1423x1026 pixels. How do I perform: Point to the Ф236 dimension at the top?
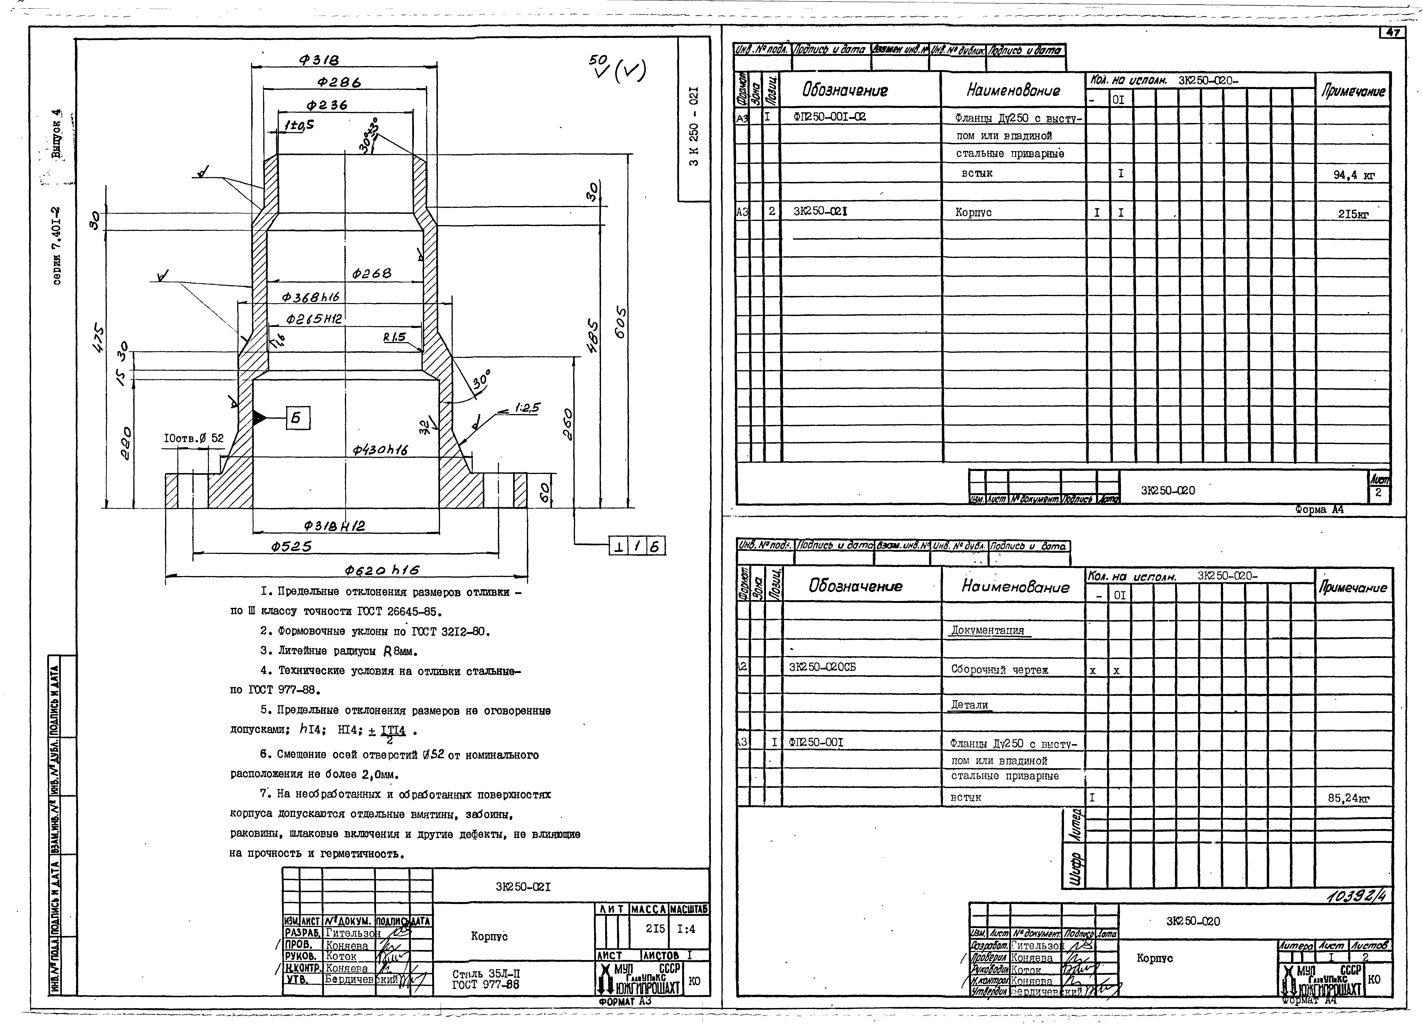tap(326, 105)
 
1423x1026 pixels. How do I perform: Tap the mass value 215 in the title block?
tap(655, 929)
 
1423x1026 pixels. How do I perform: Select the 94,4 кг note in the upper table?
tap(1354, 175)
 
